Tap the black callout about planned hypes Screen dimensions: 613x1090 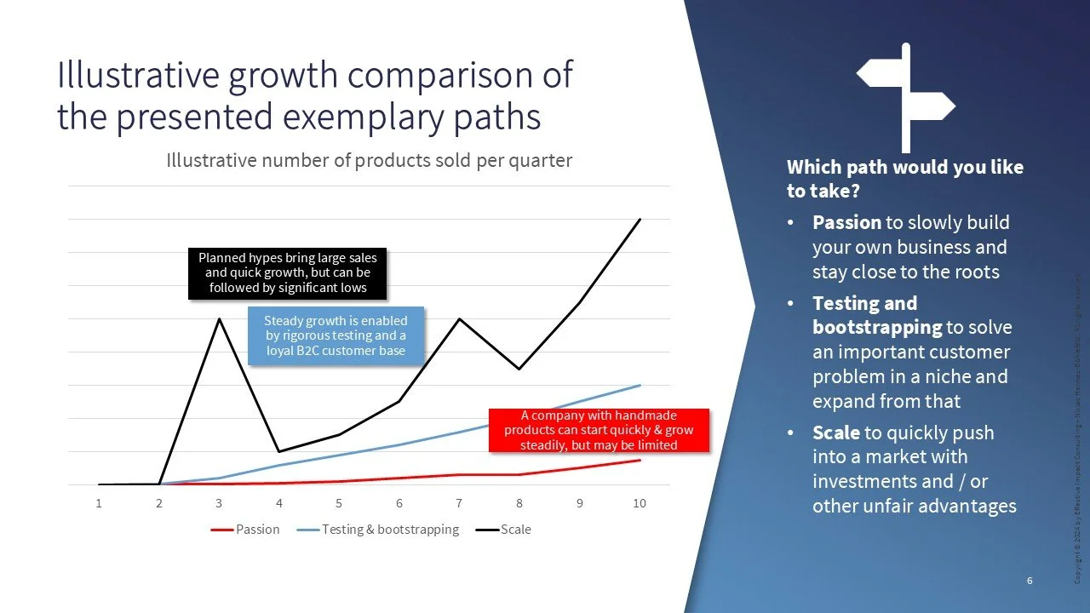coord(287,274)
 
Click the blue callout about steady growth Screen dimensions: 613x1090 coord(336,335)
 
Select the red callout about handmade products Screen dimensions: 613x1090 coord(598,430)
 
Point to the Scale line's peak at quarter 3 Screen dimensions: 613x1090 coord(219,319)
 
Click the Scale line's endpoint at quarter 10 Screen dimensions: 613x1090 coord(640,220)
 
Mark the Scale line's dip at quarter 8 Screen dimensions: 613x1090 coord(519,369)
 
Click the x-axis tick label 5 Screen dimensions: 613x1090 coord(339,503)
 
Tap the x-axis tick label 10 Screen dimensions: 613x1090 coord(639,503)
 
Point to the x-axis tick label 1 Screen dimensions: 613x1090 coord(99,503)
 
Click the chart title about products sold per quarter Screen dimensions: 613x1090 coord(369,160)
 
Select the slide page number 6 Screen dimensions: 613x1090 coord(1030,581)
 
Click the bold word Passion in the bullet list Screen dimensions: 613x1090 coord(846,223)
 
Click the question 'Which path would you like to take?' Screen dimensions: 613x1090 coord(904,179)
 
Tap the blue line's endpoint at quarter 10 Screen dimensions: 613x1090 coord(640,386)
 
